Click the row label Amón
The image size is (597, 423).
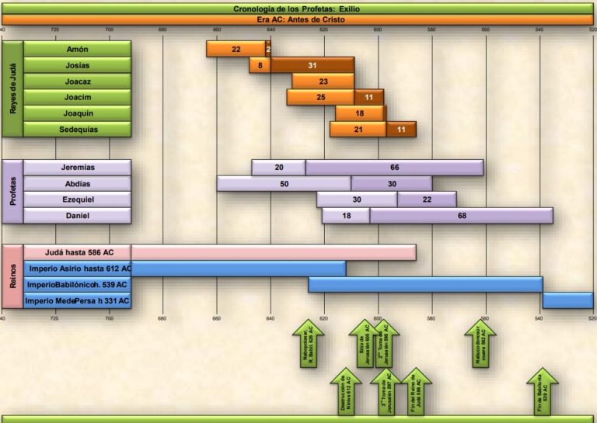click(77, 49)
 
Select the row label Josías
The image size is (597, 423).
click(77, 65)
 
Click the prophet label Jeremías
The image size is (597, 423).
click(77, 168)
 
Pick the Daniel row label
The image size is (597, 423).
click(77, 216)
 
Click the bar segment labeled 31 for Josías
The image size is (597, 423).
click(312, 65)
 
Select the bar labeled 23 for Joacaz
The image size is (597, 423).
click(323, 81)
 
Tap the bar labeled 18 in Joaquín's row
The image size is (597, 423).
click(360, 113)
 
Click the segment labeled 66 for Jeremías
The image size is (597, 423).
click(394, 168)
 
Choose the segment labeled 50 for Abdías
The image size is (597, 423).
click(284, 184)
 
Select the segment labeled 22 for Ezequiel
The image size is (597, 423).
click(427, 199)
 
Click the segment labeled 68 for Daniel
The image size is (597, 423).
click(462, 216)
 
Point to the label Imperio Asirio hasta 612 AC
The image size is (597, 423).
click(79, 269)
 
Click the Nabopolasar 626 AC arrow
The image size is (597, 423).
click(309, 345)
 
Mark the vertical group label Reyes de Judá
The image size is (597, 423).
click(12, 89)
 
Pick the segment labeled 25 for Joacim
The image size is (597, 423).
click(320, 98)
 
